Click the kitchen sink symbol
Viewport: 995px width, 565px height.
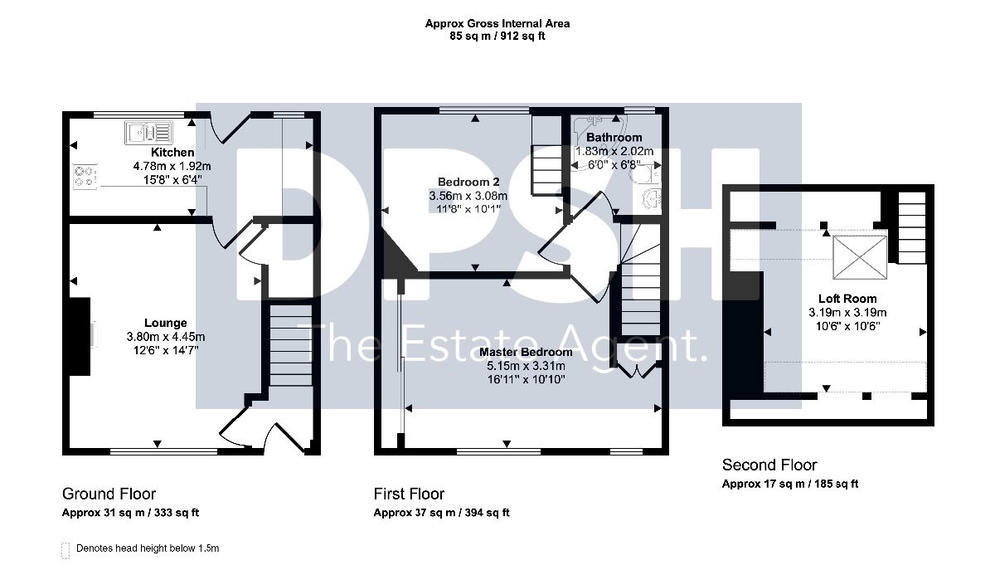(148, 133)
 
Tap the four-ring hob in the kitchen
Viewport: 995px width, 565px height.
(85, 177)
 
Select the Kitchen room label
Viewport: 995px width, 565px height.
(172, 153)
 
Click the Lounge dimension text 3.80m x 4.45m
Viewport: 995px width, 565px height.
(166, 337)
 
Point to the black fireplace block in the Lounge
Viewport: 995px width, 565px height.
(80, 337)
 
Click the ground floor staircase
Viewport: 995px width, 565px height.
(291, 345)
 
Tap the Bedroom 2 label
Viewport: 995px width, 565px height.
(468, 182)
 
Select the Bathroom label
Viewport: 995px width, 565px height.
(614, 138)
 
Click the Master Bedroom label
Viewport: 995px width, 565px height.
(526, 352)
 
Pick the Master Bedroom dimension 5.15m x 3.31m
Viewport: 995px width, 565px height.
(526, 366)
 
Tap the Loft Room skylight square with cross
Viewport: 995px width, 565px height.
(860, 257)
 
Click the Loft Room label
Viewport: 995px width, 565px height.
(847, 299)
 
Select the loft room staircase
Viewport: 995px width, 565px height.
(912, 227)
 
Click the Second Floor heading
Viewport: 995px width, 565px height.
(769, 465)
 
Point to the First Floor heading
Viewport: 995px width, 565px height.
(409, 494)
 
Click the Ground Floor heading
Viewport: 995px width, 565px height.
(109, 494)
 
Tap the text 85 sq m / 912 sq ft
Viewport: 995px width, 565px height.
(497, 36)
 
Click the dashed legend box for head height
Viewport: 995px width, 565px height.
(66, 550)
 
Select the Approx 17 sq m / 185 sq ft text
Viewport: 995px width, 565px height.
(790, 484)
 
